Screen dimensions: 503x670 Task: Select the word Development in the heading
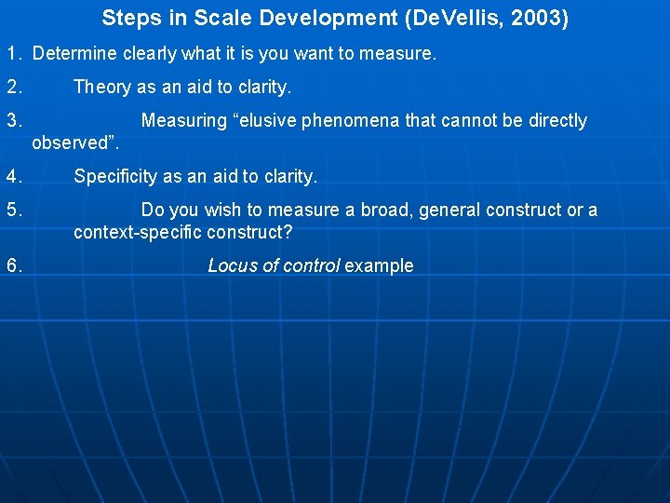point(326,18)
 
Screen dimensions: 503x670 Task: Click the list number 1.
point(14,54)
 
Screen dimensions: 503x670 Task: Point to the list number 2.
point(14,88)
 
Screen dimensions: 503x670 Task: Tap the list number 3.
point(14,121)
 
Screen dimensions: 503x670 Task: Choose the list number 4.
point(14,177)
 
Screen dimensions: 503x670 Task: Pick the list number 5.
point(14,211)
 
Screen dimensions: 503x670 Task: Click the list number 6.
point(14,266)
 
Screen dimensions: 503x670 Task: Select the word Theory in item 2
point(102,88)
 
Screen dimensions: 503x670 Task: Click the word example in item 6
point(379,266)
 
